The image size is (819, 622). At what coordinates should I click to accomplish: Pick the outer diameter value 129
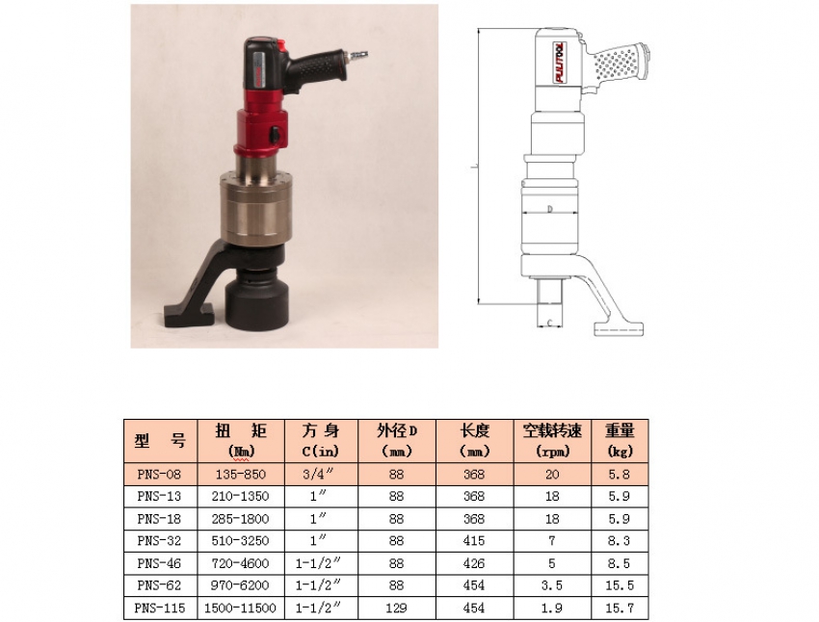click(x=397, y=609)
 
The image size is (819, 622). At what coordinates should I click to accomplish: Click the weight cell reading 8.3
click(x=620, y=541)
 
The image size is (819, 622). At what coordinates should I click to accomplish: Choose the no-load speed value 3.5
click(x=552, y=585)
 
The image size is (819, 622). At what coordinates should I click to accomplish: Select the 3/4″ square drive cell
click(x=319, y=474)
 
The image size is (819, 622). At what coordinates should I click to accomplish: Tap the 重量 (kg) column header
click(x=620, y=440)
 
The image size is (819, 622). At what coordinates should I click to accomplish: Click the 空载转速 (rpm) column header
click(x=552, y=440)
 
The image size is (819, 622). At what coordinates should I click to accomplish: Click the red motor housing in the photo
click(x=258, y=130)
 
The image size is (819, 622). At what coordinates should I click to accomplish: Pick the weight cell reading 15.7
click(x=620, y=609)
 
